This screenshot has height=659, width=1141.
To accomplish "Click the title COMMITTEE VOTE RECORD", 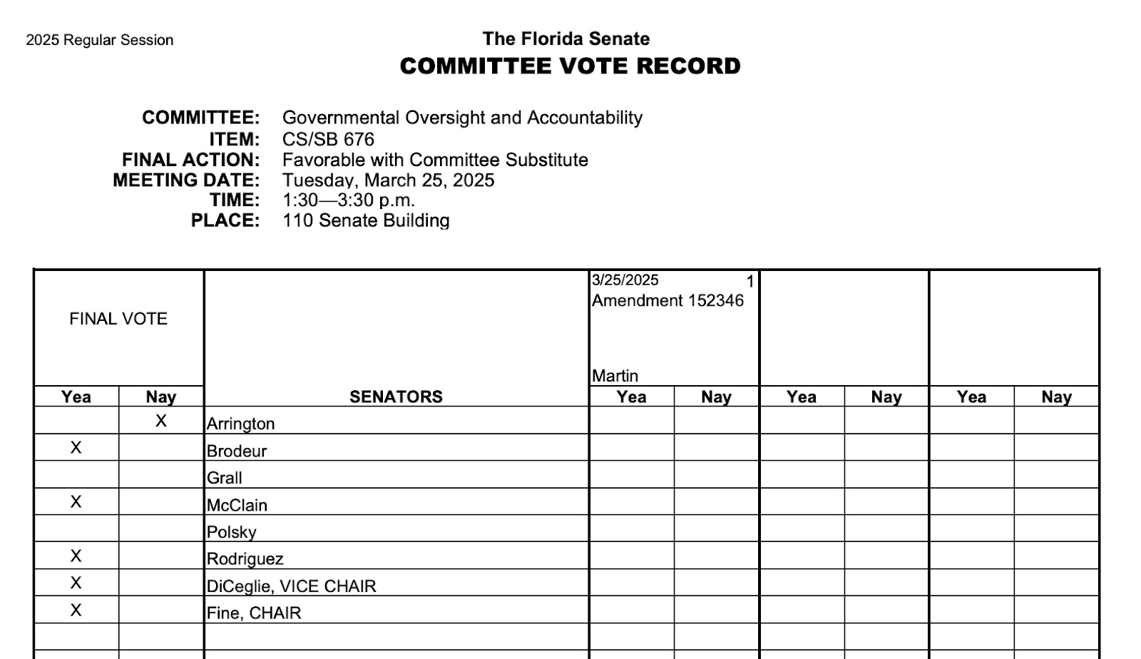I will pos(570,66).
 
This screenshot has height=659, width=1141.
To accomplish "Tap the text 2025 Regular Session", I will pos(100,41).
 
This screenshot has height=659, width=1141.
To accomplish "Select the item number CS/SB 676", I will pos(328,139).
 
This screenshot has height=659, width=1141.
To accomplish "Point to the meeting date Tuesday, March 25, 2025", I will pos(388,180).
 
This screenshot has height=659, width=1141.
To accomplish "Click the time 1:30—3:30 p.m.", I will pos(349,200).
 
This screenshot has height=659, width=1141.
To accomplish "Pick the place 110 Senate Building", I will pos(366,220).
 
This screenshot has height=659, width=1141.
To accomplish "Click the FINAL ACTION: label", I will pos(191,160).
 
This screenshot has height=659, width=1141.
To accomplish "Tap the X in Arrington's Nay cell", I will pos(161,421).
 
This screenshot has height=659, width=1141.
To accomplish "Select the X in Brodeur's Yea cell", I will pos(76,448).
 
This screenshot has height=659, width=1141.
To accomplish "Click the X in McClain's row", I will pos(76,502).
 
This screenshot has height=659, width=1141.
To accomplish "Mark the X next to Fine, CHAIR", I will pos(76,611).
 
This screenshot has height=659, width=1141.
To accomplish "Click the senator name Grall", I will pos(225,478).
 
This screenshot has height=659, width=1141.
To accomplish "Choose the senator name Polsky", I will pos(231,532).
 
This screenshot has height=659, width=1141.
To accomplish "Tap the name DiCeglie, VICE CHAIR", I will pos(291,586).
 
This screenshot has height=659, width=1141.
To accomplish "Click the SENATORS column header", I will pos(396,397).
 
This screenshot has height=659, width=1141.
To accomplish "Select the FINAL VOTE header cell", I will pos(118,319).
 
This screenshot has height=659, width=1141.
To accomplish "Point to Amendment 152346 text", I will pos(667,301).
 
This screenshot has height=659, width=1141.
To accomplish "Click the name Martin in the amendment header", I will pos(615,376).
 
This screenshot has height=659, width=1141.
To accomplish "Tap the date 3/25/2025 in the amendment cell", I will pos(625,280).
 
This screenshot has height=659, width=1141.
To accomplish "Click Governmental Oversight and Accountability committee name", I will pos(462,118).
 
